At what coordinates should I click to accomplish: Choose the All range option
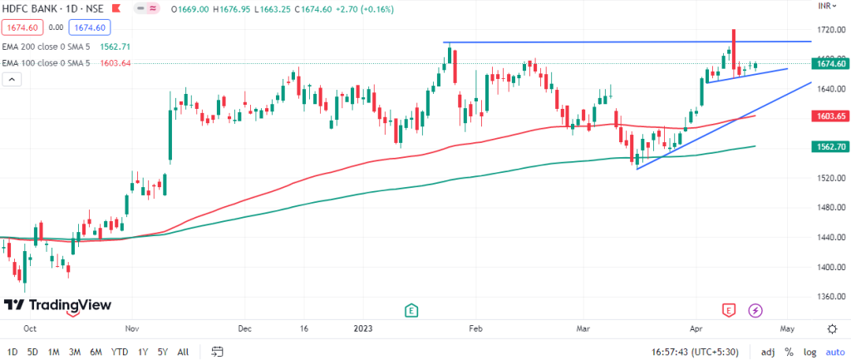coord(183,351)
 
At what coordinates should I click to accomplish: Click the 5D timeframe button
coord(32,351)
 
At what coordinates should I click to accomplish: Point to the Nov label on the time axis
coord(132,328)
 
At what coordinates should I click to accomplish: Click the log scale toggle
coord(809,351)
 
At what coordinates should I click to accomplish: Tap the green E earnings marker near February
coord(411,310)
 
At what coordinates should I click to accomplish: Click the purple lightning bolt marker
coord(755,310)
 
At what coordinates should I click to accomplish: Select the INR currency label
coord(824,6)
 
